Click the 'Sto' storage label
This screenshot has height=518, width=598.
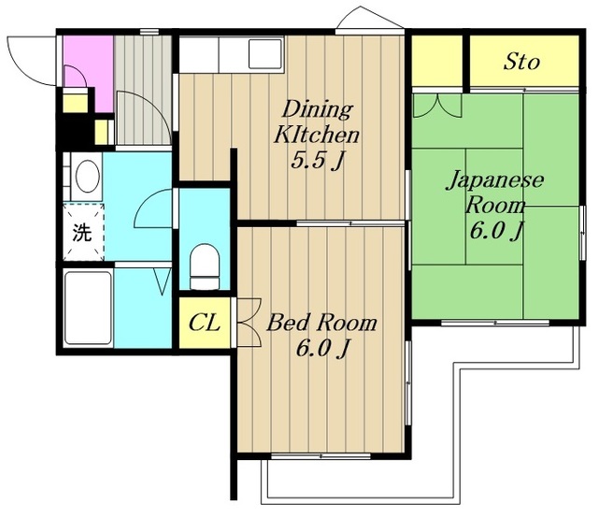pyautogui.click(x=521, y=63)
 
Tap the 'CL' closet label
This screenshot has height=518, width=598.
pyautogui.click(x=204, y=324)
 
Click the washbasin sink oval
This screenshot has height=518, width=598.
pyautogui.click(x=86, y=177)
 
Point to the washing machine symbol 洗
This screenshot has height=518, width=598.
pyautogui.click(x=82, y=233)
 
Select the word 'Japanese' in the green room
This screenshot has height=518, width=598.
pyautogui.click(x=493, y=180)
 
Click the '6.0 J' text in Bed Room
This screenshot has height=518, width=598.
pyautogui.click(x=320, y=349)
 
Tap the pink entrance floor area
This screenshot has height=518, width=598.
pyautogui.click(x=86, y=62)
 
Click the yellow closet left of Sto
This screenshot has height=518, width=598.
pyautogui.click(x=437, y=62)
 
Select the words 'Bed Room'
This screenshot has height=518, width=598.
pyautogui.click(x=321, y=324)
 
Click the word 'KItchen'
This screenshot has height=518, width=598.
pyautogui.click(x=317, y=134)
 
